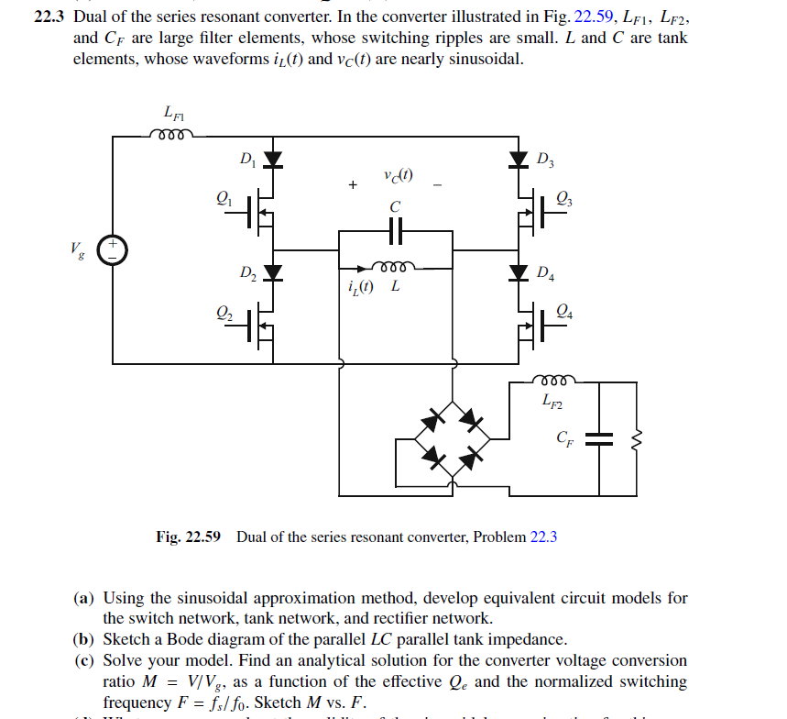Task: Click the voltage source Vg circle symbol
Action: (114, 249)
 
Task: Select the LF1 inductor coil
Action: (171, 135)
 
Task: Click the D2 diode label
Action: (247, 272)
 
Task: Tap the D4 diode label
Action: (545, 272)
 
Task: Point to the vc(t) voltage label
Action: (398, 176)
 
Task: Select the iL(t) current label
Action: (361, 286)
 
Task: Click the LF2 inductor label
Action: (552, 399)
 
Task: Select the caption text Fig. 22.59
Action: (189, 536)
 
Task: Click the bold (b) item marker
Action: (83, 639)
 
